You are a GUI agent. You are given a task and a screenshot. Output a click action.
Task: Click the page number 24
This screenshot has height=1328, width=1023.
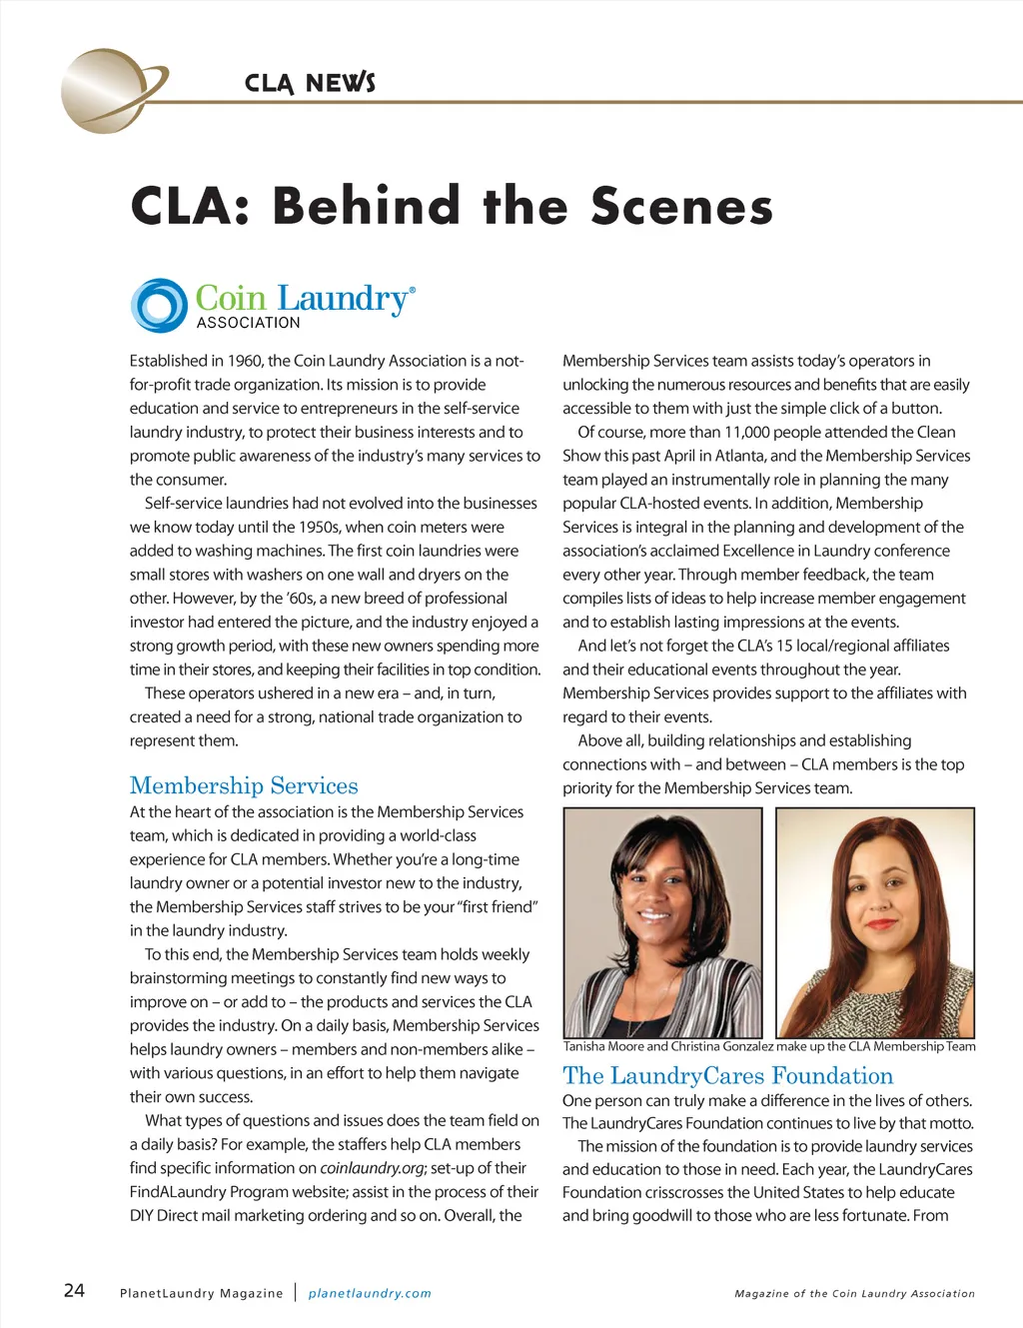coord(74,1290)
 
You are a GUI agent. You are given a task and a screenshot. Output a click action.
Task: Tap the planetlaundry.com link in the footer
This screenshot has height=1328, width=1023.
coord(370,1293)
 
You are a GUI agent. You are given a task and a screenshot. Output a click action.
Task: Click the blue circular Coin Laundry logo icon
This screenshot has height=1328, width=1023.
coord(159,306)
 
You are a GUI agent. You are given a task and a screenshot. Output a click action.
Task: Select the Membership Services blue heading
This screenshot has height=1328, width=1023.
coord(244,785)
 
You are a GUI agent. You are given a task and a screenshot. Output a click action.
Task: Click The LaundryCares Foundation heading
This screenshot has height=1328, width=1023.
coord(727,1075)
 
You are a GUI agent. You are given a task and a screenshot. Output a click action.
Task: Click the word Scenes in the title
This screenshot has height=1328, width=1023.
coord(681,206)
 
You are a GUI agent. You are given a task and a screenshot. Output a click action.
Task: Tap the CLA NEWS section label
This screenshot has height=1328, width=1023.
coord(310,83)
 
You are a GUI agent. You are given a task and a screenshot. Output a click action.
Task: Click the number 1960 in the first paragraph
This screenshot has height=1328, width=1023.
coord(245,361)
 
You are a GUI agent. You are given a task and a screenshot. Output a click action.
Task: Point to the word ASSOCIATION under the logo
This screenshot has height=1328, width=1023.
coord(248,323)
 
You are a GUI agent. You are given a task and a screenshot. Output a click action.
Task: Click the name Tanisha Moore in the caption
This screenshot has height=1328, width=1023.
coord(603,1046)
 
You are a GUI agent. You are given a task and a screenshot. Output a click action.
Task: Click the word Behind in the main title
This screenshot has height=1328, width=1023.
coord(366,206)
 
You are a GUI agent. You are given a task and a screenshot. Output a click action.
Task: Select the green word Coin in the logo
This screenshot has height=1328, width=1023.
coord(231,298)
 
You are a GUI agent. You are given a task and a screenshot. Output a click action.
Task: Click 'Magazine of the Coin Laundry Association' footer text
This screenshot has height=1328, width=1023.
coord(854,1293)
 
